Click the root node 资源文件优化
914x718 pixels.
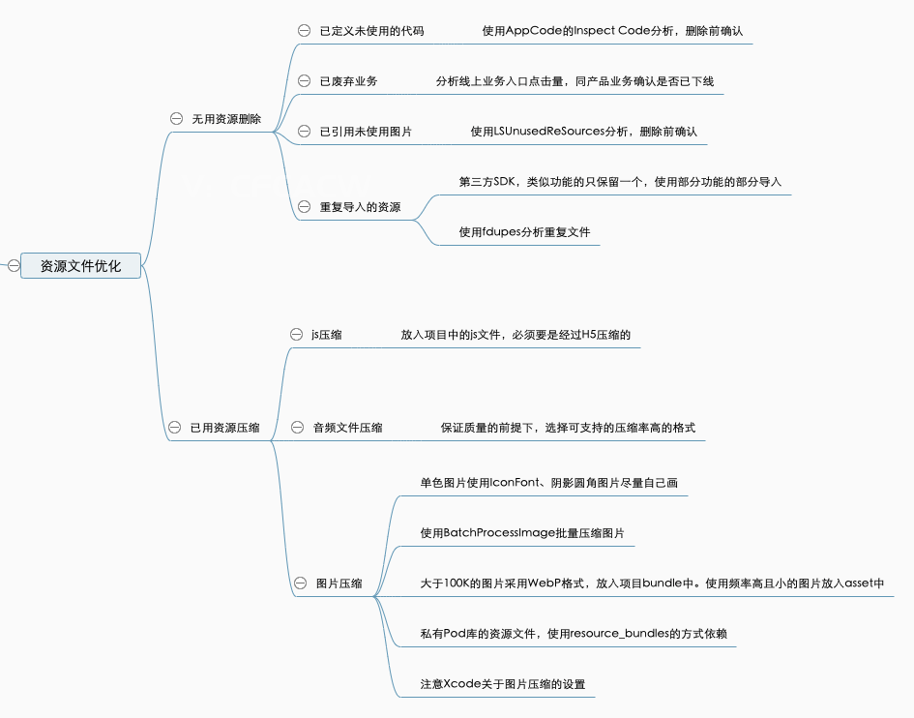[80, 265]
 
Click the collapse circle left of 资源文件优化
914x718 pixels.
[14, 265]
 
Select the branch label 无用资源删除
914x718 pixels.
[226, 118]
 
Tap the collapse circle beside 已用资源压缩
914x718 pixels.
[175, 427]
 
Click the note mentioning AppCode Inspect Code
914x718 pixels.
[612, 31]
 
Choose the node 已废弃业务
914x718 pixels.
[348, 81]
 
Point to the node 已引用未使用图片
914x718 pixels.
[366, 131]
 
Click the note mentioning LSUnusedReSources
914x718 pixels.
[583, 131]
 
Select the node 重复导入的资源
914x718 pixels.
[360, 207]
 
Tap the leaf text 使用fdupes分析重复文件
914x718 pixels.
[524, 232]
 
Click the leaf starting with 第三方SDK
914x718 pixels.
[620, 181]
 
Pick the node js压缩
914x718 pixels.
[326, 335]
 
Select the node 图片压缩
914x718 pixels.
[339, 583]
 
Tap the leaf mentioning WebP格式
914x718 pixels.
[652, 583]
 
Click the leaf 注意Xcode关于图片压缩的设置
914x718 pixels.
[502, 684]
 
